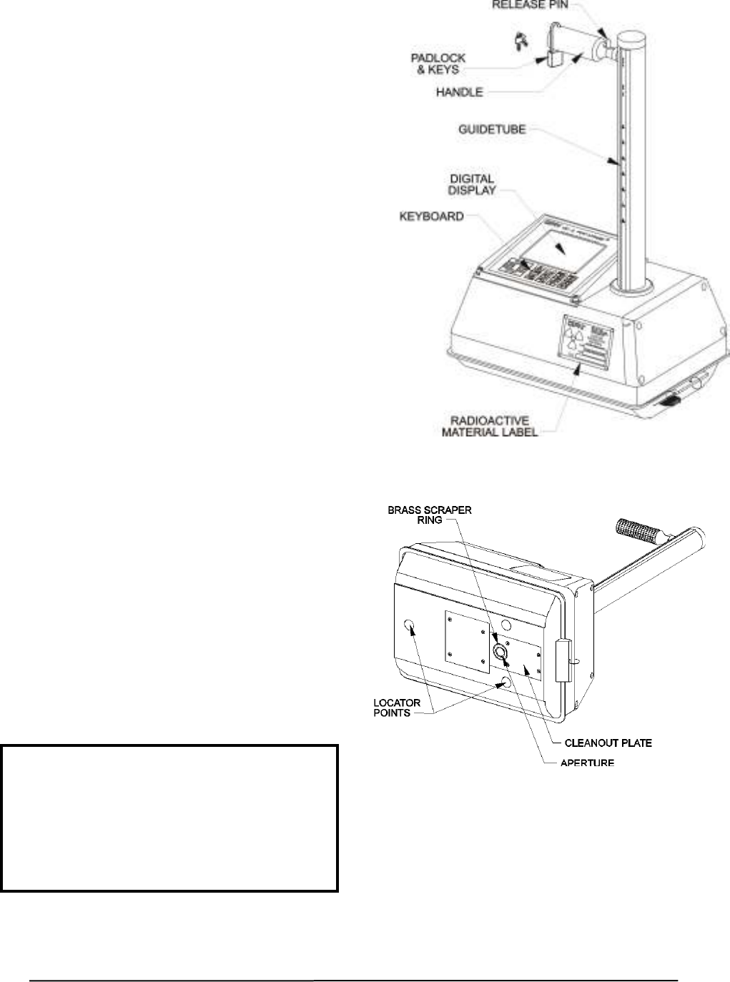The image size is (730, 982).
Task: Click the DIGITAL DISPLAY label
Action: coord(471,184)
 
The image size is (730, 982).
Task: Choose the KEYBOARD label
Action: coord(431,216)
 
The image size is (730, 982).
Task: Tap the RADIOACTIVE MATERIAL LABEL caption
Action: coord(490,426)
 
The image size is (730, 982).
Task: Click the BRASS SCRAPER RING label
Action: coord(430,515)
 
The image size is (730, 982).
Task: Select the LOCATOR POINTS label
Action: coord(398,707)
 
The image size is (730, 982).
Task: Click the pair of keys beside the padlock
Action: coord(517,41)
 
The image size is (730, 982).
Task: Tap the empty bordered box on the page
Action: coord(169,818)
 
